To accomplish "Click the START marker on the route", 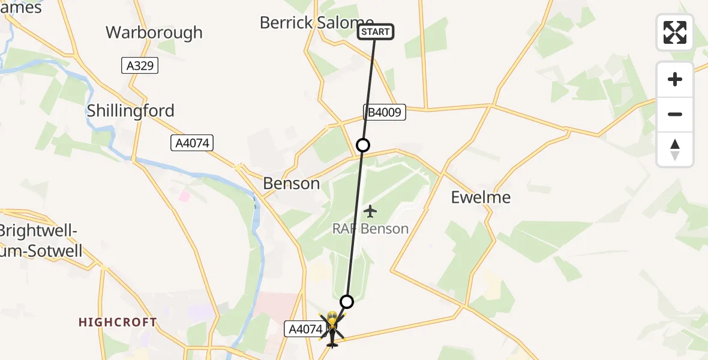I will tap(376, 32).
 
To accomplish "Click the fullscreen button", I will tap(675, 32).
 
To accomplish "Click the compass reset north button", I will tap(675, 149).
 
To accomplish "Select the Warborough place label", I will tap(154, 32).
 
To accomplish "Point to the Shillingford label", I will tap(131, 110).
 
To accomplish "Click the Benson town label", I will tap(292, 184).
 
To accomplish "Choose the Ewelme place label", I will tap(481, 197).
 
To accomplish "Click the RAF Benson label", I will tap(371, 229).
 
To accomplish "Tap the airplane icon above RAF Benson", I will tap(371, 211).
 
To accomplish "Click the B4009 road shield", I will tap(385, 112).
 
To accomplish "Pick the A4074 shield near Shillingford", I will tap(192, 143).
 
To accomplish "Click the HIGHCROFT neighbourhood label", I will tap(118, 322).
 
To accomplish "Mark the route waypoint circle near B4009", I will tap(362, 145).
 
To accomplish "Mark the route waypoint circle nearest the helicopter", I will tap(346, 301).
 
